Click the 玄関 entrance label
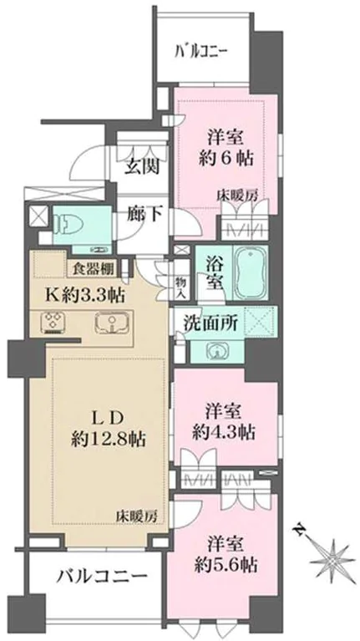[144, 164]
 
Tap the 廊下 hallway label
[144, 214]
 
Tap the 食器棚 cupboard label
[89, 268]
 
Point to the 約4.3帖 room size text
[223, 432]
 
